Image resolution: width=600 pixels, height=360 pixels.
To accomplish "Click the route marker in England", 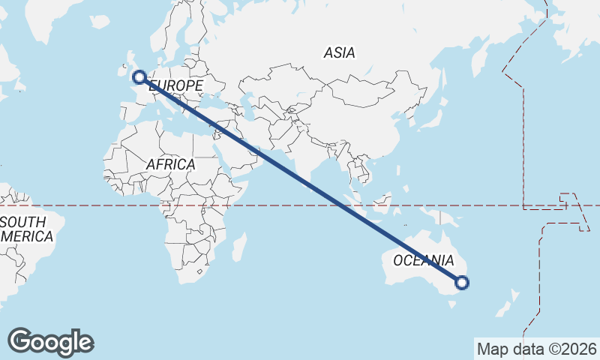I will point(139,76).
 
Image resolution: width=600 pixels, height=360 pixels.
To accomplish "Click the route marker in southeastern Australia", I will point(462,283).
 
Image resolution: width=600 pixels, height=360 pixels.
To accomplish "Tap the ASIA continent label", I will point(340,53).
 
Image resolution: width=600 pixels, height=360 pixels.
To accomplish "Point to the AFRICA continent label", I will point(170,164).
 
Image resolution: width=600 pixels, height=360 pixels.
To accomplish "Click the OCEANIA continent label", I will point(424,261).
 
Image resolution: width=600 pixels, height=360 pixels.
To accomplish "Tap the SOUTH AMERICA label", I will point(27,229).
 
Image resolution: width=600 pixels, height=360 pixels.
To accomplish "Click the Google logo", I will point(51,342).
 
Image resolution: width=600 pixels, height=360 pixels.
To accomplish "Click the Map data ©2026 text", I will point(537,349).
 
